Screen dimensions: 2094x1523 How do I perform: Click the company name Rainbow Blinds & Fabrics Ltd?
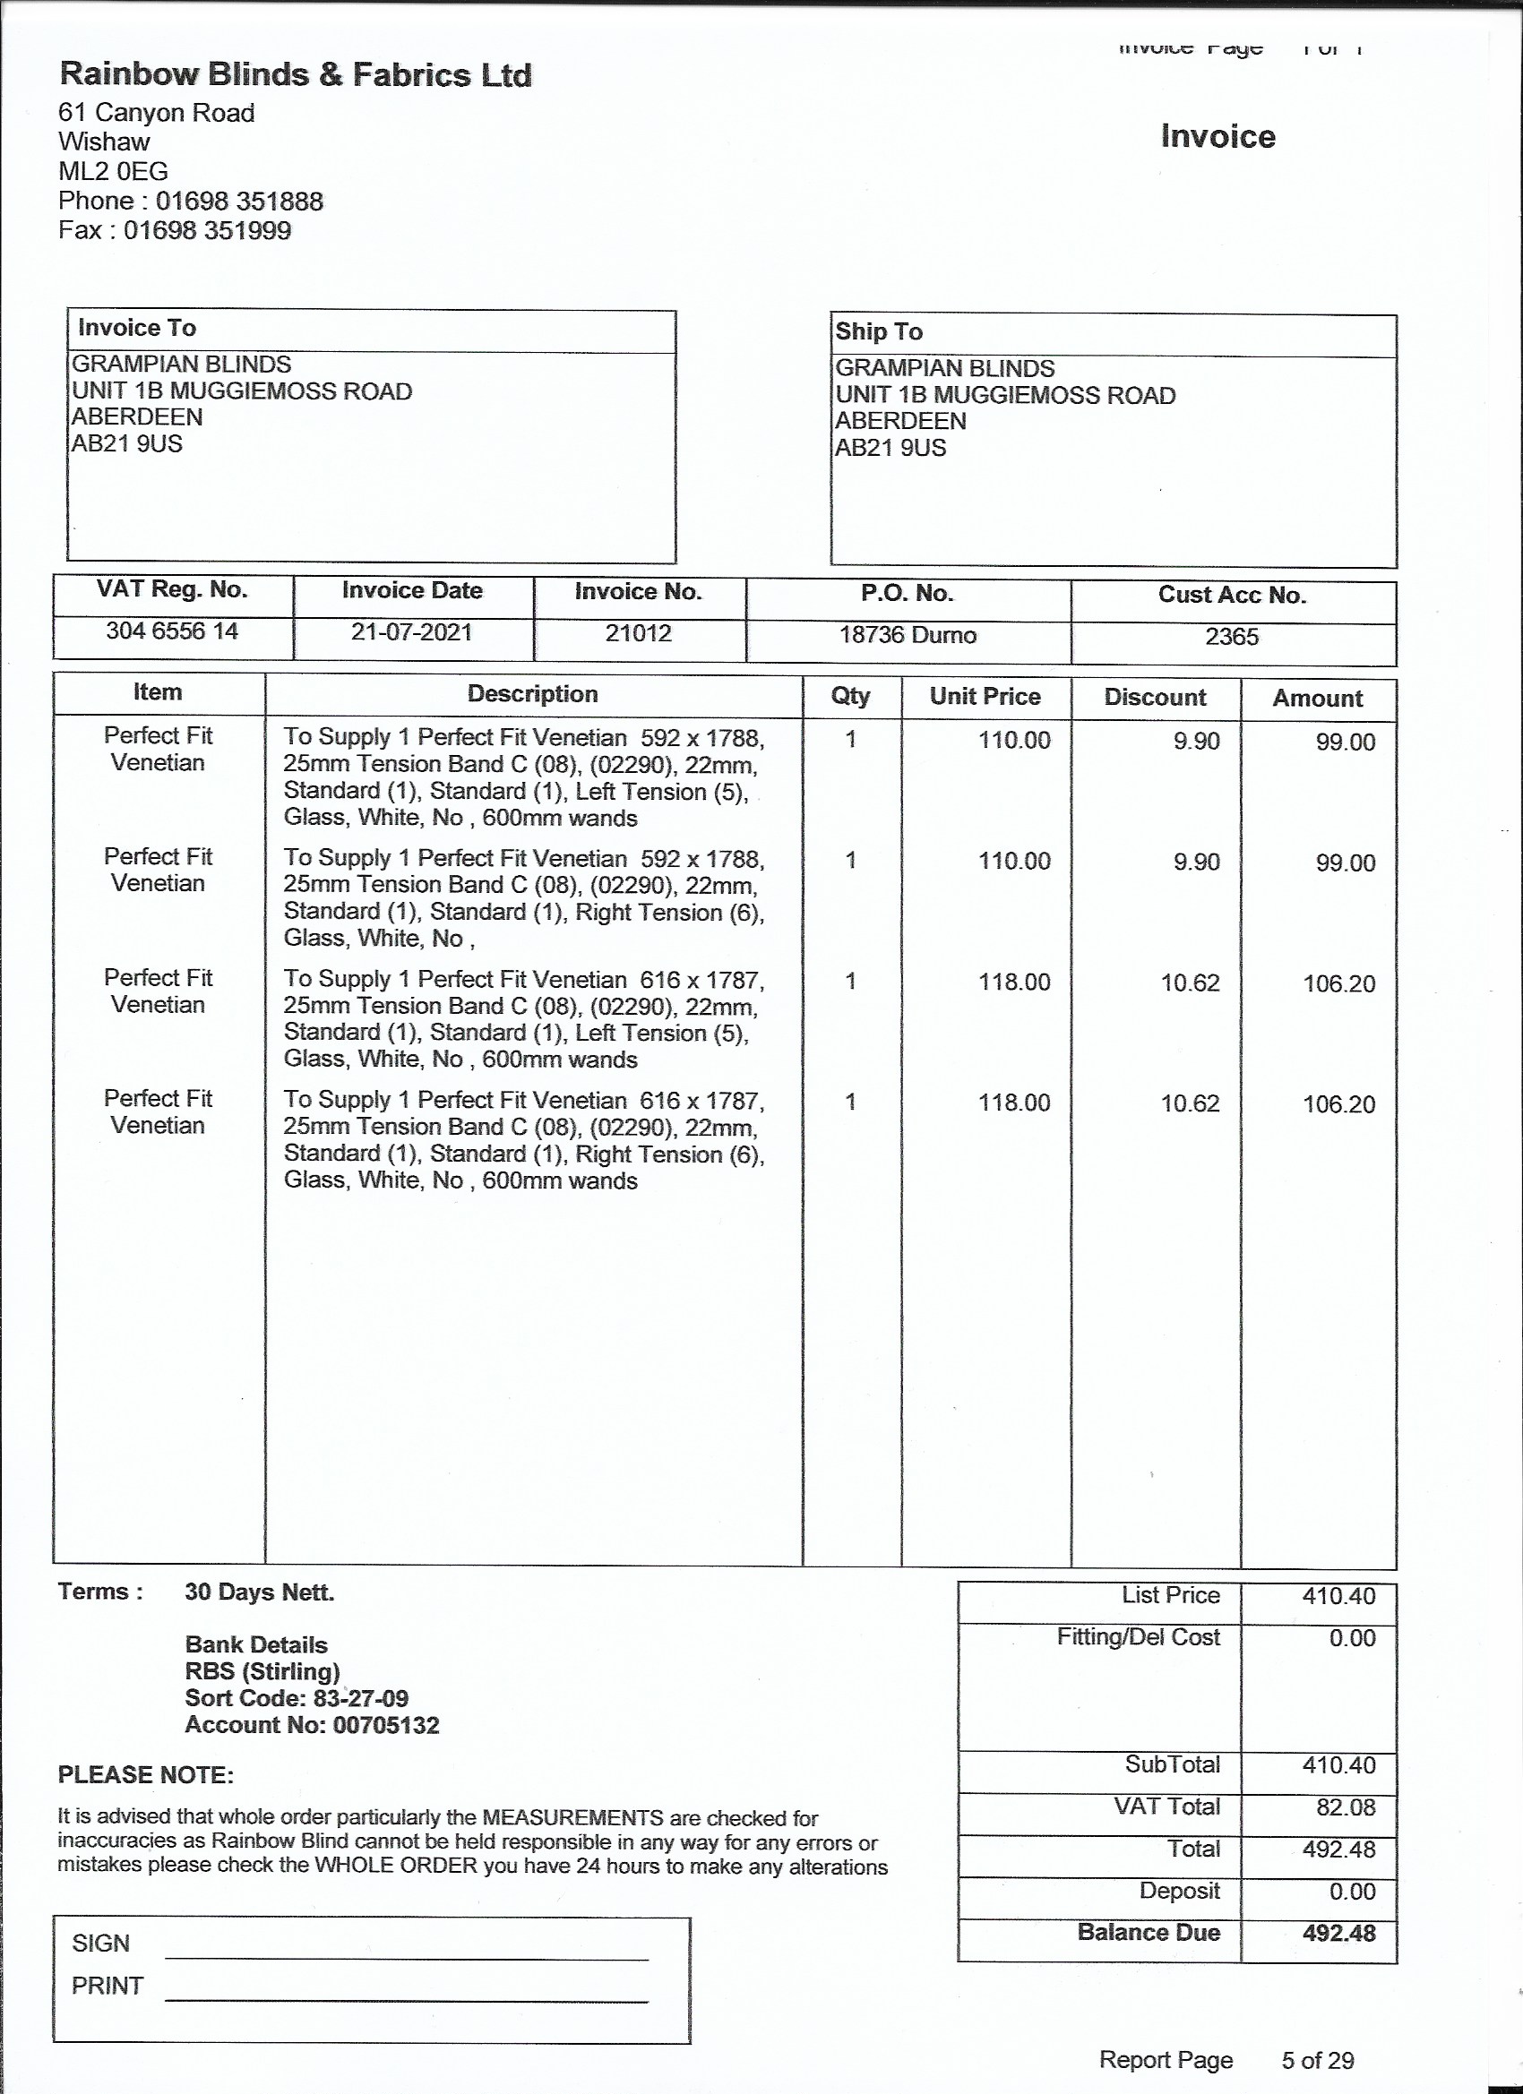tap(295, 75)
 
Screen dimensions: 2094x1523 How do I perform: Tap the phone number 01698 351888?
tap(238, 202)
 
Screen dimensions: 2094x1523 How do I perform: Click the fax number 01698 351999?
tap(207, 231)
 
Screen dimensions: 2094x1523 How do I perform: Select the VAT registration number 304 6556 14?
tap(172, 631)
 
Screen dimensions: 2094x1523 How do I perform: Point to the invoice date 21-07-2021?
tap(411, 632)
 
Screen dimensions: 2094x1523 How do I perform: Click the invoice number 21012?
tap(638, 633)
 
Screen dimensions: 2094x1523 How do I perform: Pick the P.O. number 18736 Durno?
tap(907, 635)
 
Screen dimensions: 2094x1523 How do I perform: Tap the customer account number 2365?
tap(1231, 637)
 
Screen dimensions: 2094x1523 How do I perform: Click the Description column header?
tap(532, 694)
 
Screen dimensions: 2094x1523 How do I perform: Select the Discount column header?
tap(1155, 697)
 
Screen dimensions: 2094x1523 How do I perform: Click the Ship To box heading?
tap(878, 331)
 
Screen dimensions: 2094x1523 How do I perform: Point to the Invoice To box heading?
tap(137, 328)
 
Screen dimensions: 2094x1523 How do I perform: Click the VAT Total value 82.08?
tap(1345, 1807)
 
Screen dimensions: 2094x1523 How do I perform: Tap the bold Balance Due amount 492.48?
tap(1338, 1933)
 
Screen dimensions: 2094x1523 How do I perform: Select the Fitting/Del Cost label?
tap(1138, 1637)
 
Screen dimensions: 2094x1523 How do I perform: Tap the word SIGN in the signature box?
tap(100, 1943)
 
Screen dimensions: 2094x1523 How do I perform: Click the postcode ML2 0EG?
tap(113, 172)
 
